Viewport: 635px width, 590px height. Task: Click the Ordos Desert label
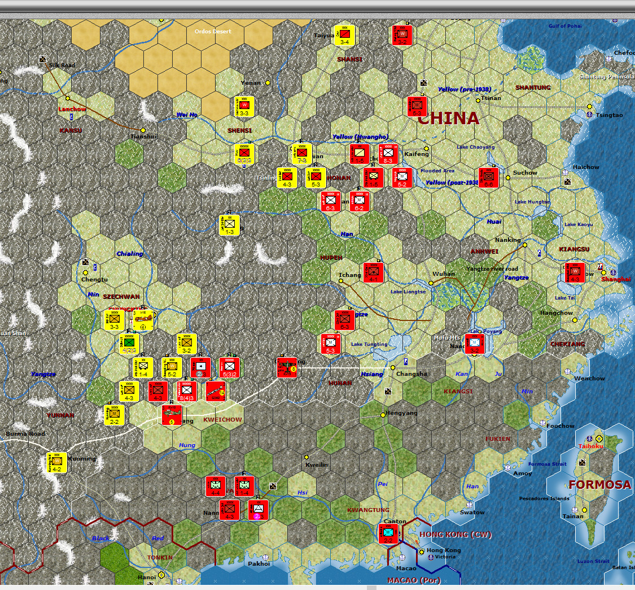tap(213, 31)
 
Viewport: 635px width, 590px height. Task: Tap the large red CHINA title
tap(448, 118)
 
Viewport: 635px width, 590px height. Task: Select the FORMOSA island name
tap(599, 484)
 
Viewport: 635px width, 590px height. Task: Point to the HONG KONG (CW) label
tap(456, 535)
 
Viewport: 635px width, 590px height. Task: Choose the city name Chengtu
tap(95, 279)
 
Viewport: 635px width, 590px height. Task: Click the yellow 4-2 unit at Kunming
tap(57, 462)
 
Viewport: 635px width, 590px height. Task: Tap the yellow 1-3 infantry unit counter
tap(230, 225)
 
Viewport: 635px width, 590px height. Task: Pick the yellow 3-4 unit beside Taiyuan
tap(344, 35)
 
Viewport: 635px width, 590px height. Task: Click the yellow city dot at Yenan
tap(268, 83)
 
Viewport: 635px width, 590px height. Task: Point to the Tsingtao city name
tap(609, 115)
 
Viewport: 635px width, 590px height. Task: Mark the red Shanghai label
tap(616, 279)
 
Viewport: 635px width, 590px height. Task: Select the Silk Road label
tap(62, 66)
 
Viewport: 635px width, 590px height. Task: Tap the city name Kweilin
tap(316, 465)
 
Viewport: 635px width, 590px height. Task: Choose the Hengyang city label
tap(401, 413)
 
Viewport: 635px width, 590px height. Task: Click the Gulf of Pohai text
tap(565, 27)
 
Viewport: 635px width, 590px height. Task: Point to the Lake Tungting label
tap(369, 344)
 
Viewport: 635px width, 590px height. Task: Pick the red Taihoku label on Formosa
tap(591, 446)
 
